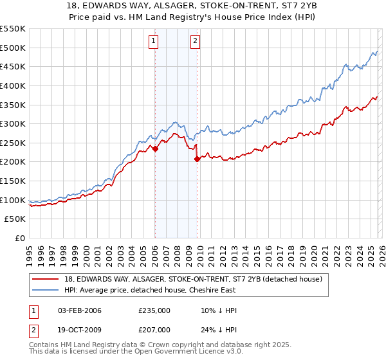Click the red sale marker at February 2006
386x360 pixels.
155,148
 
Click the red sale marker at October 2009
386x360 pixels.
197,159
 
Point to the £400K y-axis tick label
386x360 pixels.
13,85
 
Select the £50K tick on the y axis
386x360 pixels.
15,219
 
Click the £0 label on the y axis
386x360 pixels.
19,239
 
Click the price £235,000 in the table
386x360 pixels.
154,310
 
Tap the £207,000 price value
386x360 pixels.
154,329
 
